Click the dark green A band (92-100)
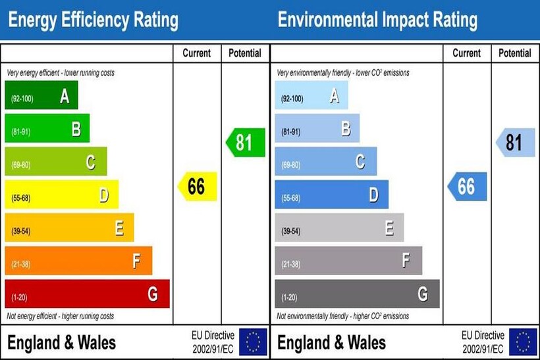pos(41,95)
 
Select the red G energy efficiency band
pos(87,294)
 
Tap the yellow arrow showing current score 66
pos(197,187)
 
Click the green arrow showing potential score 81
pos(245,143)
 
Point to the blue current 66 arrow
pos(467,187)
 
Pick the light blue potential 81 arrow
pos(515,143)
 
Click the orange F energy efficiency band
pos(78,261)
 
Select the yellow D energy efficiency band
pos(61,195)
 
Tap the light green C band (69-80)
pos(55,161)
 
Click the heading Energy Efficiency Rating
pos(93,20)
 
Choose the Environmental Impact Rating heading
pos(377,20)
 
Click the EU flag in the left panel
pos(253,342)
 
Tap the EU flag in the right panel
pos(523,342)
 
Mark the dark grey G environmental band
pos(357,294)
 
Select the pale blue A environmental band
pos(311,95)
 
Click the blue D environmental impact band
pos(331,195)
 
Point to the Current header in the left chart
pos(197,53)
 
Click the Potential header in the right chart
pos(515,53)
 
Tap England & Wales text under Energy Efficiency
pos(61,342)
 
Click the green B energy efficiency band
pos(47,128)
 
